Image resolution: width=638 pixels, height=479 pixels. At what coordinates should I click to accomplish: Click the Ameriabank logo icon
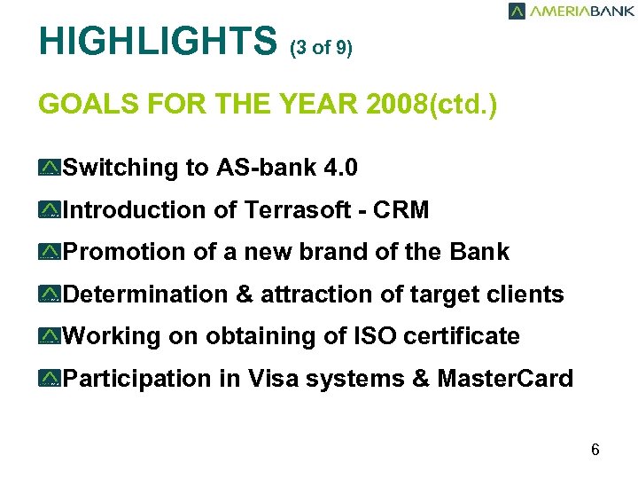click(x=517, y=11)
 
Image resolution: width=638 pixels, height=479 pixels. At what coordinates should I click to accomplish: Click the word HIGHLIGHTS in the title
click(x=158, y=41)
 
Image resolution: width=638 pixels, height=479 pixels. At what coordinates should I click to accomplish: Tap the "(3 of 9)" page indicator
click(x=321, y=48)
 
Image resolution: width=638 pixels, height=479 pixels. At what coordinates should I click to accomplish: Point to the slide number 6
click(x=595, y=450)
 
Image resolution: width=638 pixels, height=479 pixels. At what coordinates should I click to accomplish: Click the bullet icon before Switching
click(x=50, y=168)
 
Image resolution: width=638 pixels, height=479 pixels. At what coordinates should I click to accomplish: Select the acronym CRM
click(x=401, y=210)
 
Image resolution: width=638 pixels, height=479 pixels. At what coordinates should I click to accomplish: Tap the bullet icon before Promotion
click(x=50, y=253)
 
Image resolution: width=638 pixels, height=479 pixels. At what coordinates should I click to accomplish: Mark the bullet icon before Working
click(x=50, y=337)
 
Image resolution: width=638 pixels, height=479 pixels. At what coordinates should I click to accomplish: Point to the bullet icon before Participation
click(x=50, y=380)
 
